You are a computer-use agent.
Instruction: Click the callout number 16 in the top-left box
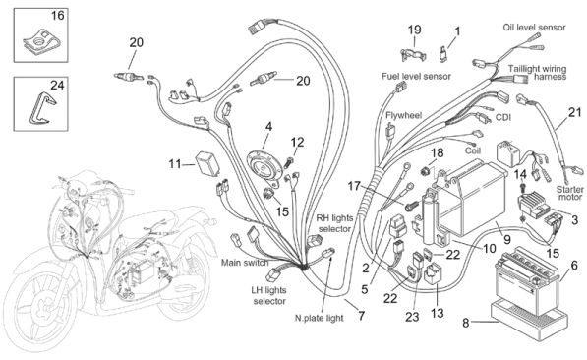click(x=58, y=16)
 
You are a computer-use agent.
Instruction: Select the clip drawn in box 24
click(x=42, y=107)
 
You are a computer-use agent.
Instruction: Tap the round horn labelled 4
click(x=264, y=166)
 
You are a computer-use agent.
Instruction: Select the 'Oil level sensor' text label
click(x=534, y=27)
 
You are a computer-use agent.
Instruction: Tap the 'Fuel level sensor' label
click(x=416, y=76)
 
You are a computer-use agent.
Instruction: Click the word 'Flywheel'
click(x=403, y=115)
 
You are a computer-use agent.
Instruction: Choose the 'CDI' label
click(x=503, y=118)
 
